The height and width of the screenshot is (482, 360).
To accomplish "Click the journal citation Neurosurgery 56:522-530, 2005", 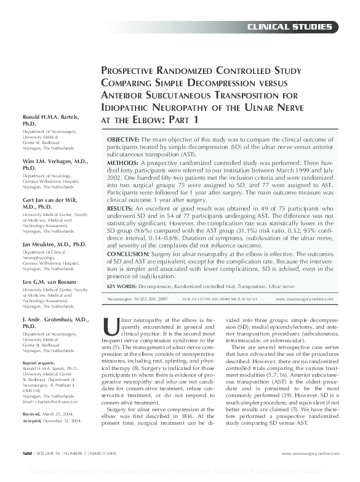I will (x=137, y=299).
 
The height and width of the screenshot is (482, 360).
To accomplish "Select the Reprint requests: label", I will (x=39, y=363).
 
